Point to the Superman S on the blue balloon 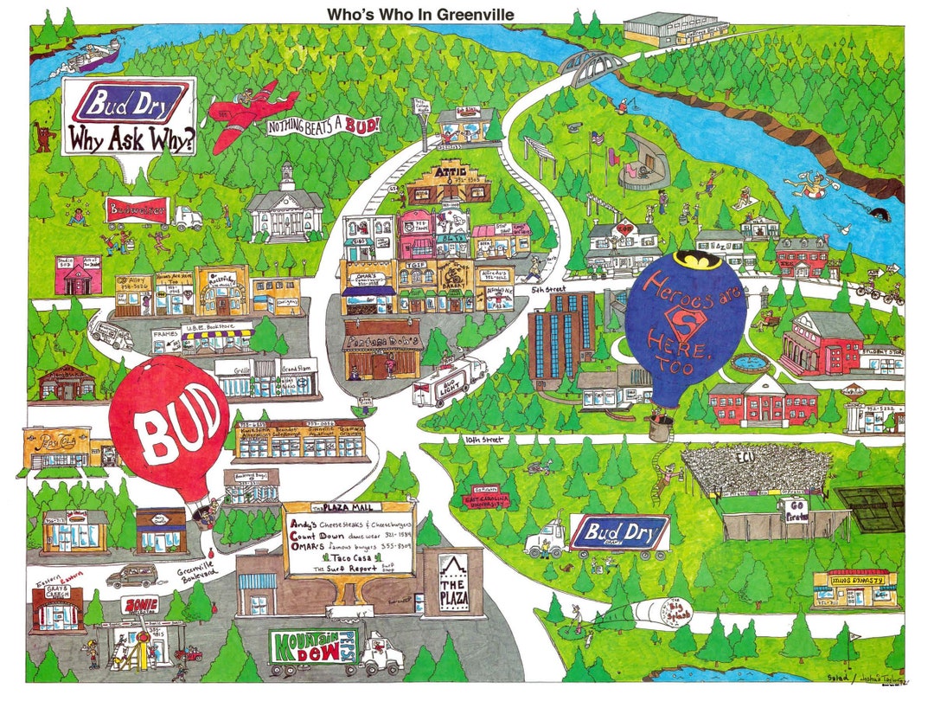[x=685, y=322]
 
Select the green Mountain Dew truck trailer [x=313, y=649]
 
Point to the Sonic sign [x=140, y=605]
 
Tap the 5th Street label [x=550, y=289]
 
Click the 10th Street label [x=483, y=440]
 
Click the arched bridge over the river [x=592, y=62]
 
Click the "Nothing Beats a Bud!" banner [x=323, y=126]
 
